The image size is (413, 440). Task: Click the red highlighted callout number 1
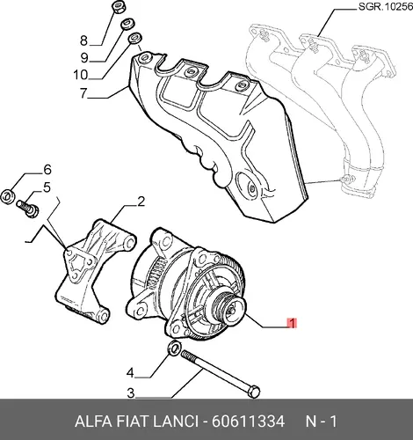(x=292, y=323)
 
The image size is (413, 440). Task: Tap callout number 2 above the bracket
(x=141, y=202)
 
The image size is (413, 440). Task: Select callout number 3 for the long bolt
(x=131, y=393)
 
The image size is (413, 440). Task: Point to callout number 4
(x=130, y=373)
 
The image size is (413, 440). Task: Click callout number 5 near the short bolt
(x=47, y=187)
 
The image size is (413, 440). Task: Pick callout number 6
(x=47, y=170)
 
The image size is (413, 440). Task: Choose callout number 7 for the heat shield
(x=83, y=93)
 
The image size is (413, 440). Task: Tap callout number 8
(x=83, y=40)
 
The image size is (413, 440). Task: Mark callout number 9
(x=84, y=58)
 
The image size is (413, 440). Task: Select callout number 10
(x=81, y=75)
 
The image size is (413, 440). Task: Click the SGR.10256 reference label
(x=386, y=7)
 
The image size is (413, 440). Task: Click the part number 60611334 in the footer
(x=248, y=422)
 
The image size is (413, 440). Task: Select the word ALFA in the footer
(x=93, y=422)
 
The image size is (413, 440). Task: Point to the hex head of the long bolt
(x=254, y=391)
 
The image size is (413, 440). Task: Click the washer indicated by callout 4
(x=174, y=348)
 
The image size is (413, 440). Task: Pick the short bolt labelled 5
(x=27, y=208)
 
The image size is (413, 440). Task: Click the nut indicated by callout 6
(x=7, y=195)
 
